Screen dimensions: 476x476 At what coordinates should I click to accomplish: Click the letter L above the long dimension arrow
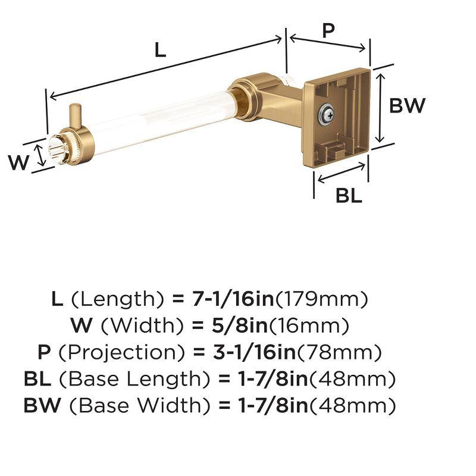coord(159,50)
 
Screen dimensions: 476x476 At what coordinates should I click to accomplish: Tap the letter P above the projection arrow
coord(328,30)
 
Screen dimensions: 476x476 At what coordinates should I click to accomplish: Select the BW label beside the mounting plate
coord(408,106)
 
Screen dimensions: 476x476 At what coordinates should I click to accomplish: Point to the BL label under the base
coord(349,195)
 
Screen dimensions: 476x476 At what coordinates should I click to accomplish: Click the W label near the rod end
coord(18,162)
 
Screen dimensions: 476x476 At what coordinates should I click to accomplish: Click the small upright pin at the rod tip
coord(75,114)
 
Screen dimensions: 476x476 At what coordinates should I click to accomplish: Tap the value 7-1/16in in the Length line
coord(232,298)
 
